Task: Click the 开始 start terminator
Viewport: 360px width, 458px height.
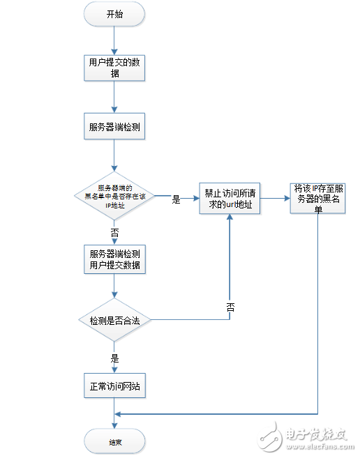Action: click(114, 13)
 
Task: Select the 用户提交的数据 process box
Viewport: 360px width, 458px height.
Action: click(114, 68)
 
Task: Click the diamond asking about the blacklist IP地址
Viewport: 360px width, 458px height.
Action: click(114, 197)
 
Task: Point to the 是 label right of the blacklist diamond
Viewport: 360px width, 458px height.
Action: click(176, 199)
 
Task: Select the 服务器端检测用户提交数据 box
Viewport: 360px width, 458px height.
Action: click(114, 259)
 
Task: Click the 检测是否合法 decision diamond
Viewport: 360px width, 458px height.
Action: click(114, 320)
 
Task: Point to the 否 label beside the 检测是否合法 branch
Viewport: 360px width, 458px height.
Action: click(230, 307)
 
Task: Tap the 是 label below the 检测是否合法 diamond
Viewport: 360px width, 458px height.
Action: click(114, 358)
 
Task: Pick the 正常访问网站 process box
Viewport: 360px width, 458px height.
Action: click(114, 386)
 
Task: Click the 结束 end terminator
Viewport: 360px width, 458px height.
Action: click(114, 441)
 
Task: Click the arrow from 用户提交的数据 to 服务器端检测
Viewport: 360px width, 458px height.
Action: click(114, 98)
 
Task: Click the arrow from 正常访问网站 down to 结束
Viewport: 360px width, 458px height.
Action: click(114, 413)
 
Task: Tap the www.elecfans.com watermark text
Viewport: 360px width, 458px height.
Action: click(318, 446)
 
